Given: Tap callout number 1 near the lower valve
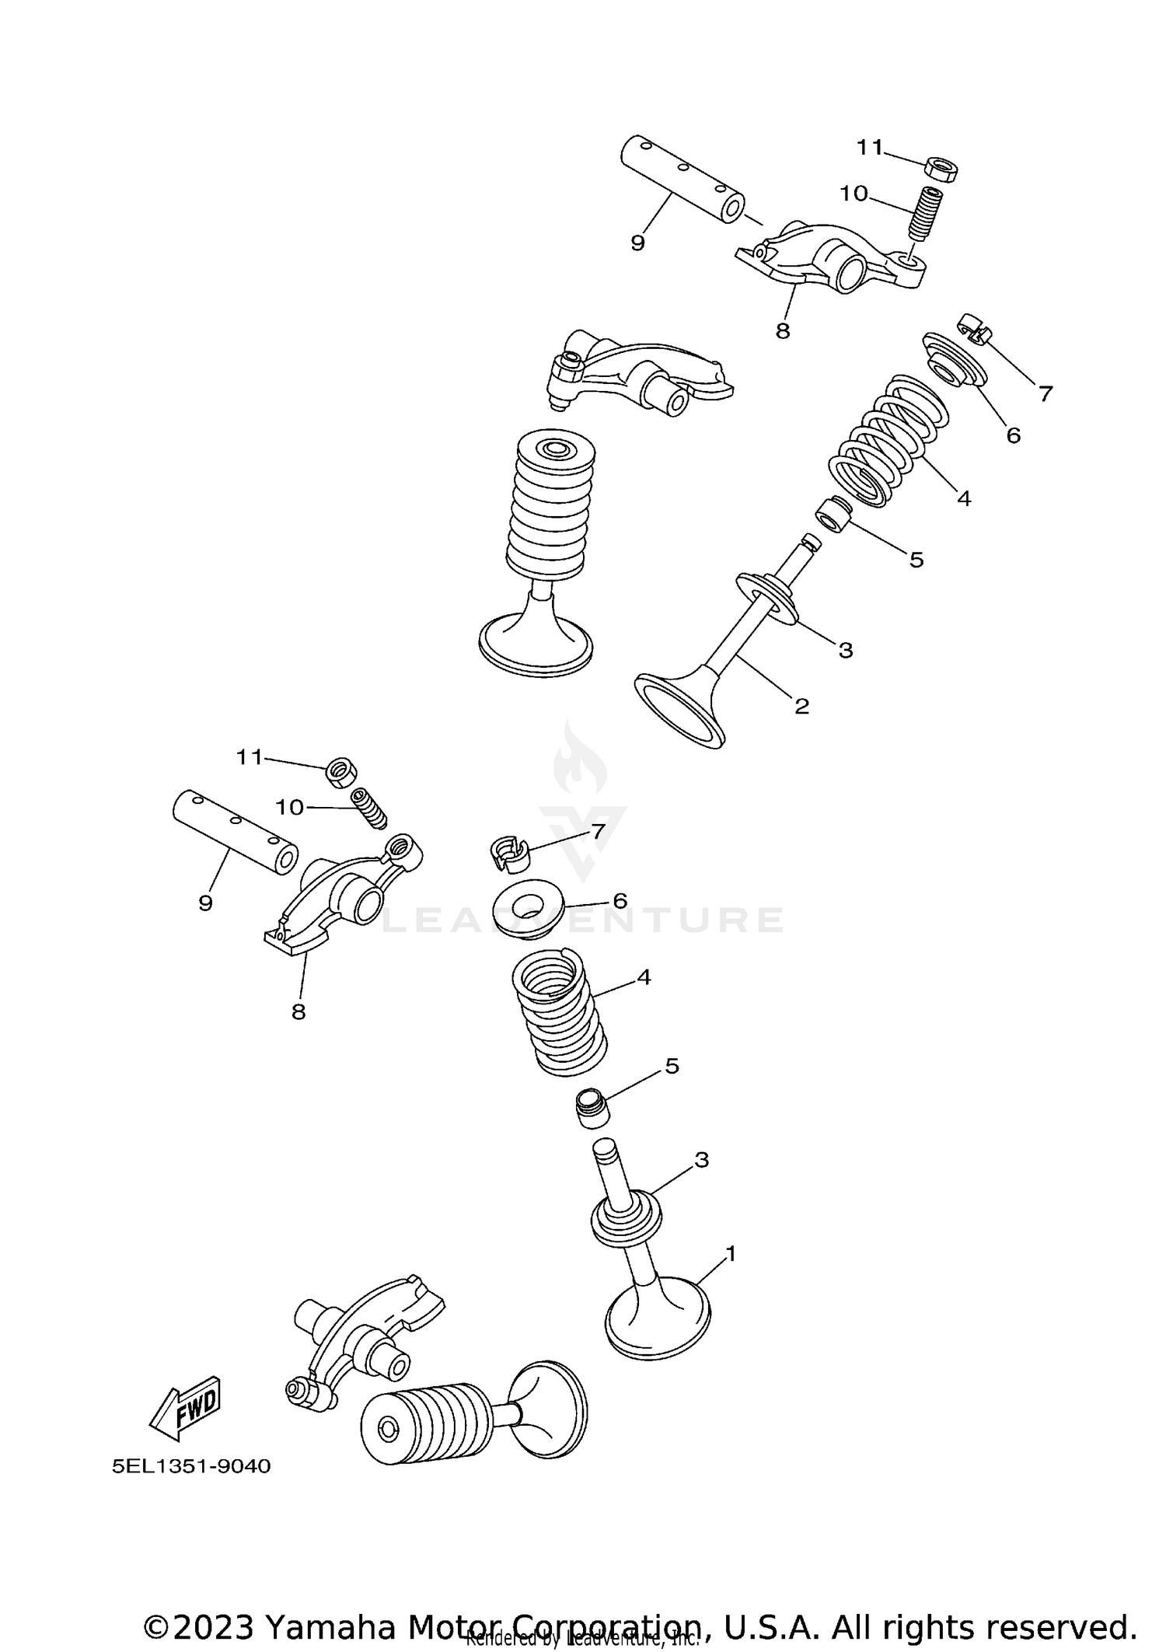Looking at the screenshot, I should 729,1253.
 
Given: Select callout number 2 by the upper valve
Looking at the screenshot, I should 801,706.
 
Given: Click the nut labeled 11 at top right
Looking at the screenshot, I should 941,169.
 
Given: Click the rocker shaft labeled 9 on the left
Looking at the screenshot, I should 236,833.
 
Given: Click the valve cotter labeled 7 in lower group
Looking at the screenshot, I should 508,853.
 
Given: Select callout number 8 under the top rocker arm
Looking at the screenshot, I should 782,331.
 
